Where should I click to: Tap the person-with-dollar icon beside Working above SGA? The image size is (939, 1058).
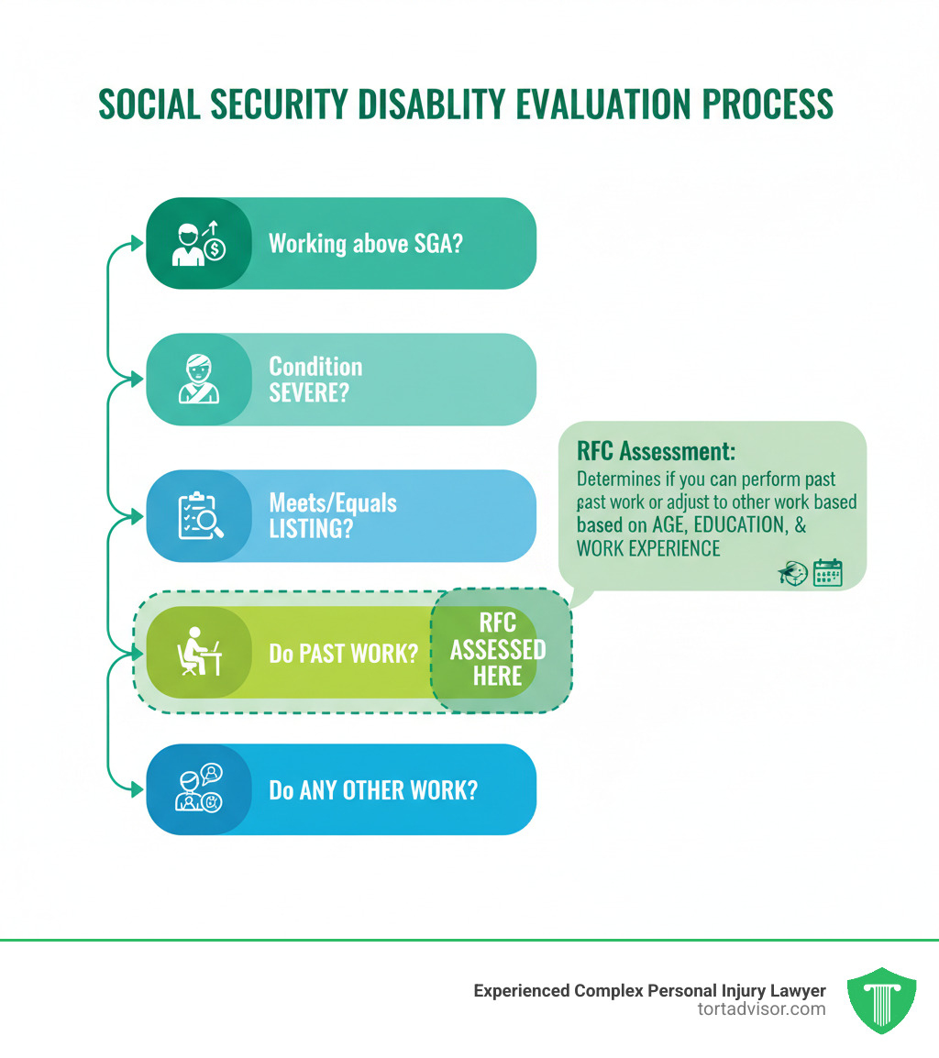point(198,244)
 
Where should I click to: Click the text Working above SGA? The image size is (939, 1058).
point(364,244)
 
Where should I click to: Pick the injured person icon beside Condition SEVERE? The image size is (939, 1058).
point(198,380)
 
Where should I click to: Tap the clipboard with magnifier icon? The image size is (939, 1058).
point(198,516)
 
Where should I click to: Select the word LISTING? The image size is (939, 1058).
point(310,529)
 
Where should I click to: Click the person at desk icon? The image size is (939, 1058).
point(198,653)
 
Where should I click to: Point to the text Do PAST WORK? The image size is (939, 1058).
point(344,654)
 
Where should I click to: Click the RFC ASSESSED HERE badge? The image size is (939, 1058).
point(498,650)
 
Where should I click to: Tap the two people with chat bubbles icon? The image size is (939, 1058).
point(198,788)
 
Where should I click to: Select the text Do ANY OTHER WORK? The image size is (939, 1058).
point(372,789)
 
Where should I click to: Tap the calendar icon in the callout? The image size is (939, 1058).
point(827,573)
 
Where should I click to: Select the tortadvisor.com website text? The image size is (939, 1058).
point(761,1008)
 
